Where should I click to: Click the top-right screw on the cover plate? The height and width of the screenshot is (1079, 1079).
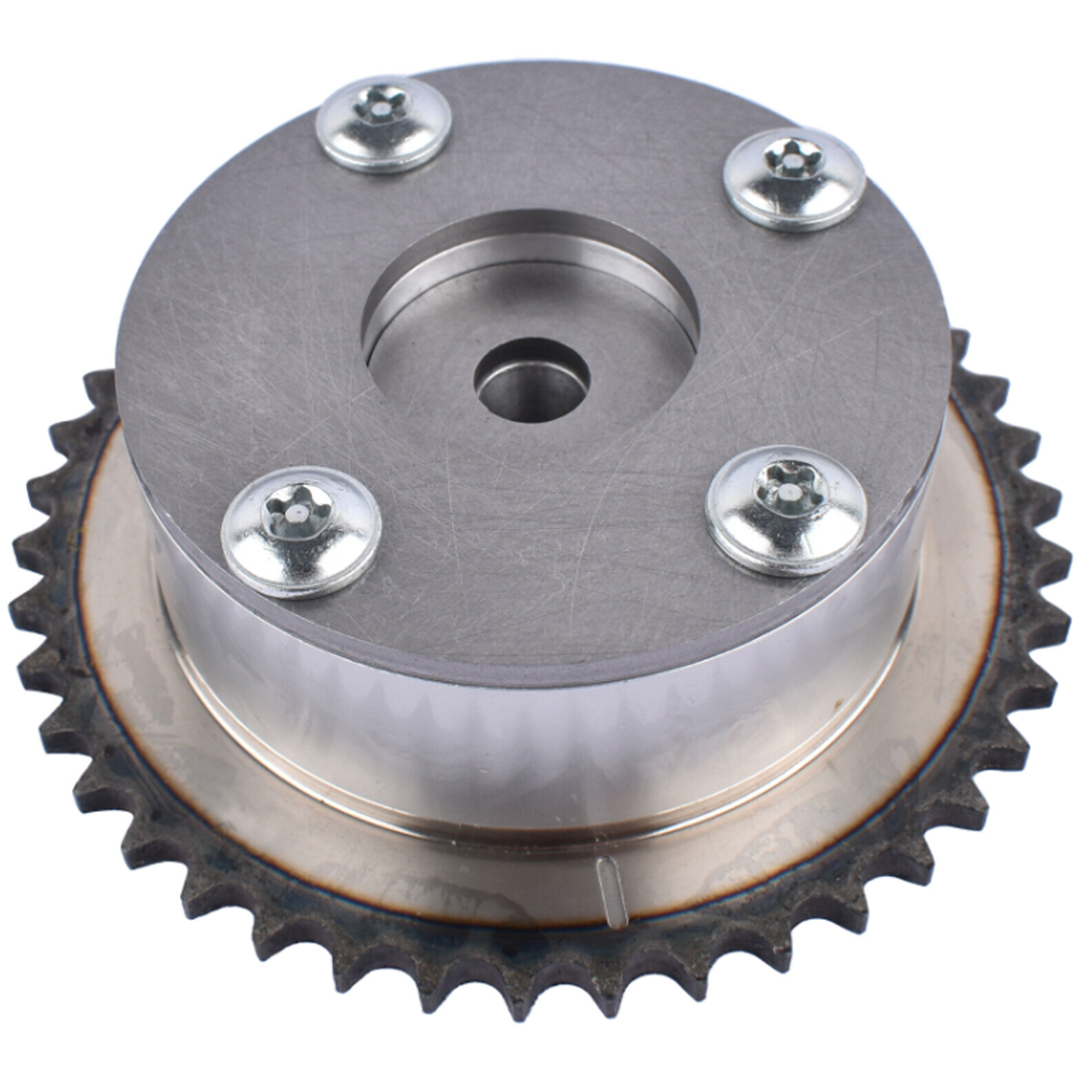pyautogui.click(x=794, y=179)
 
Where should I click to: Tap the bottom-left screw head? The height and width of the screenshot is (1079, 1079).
pyautogui.click(x=301, y=530)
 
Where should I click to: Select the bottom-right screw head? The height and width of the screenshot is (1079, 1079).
pyautogui.click(x=786, y=511)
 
